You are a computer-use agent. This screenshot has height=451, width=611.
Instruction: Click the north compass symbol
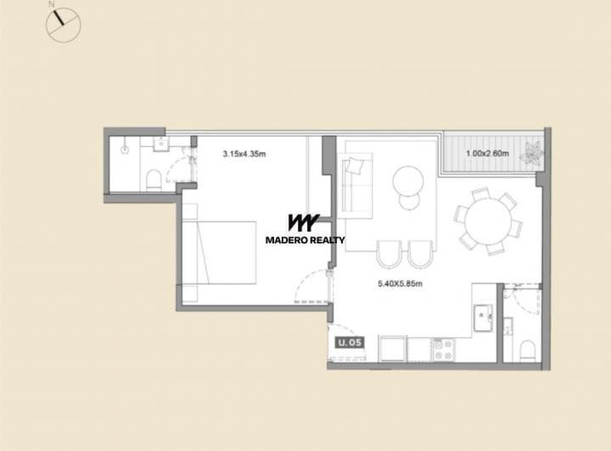click(x=62, y=24)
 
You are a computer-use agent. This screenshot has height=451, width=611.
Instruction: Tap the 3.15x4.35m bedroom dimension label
click(x=244, y=154)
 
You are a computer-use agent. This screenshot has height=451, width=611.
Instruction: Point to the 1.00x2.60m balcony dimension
click(x=487, y=153)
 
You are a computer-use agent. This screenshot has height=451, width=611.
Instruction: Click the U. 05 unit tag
click(x=348, y=343)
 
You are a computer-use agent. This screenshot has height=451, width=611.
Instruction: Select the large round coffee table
click(x=408, y=178)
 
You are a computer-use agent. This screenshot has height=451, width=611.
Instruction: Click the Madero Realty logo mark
click(x=303, y=223)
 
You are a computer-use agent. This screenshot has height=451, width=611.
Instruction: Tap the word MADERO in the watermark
click(x=284, y=240)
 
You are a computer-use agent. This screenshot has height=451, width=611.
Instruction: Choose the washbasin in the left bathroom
click(x=161, y=145)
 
